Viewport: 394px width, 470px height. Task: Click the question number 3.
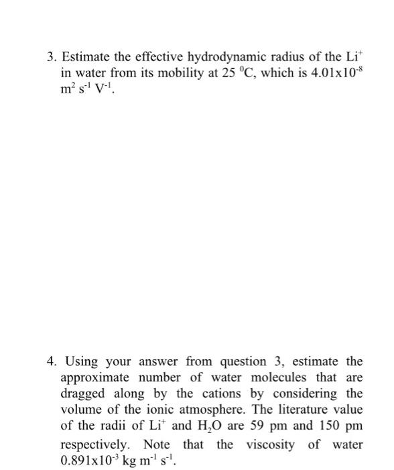click(x=50, y=57)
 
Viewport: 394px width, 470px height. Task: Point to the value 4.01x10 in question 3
click(x=325, y=73)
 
